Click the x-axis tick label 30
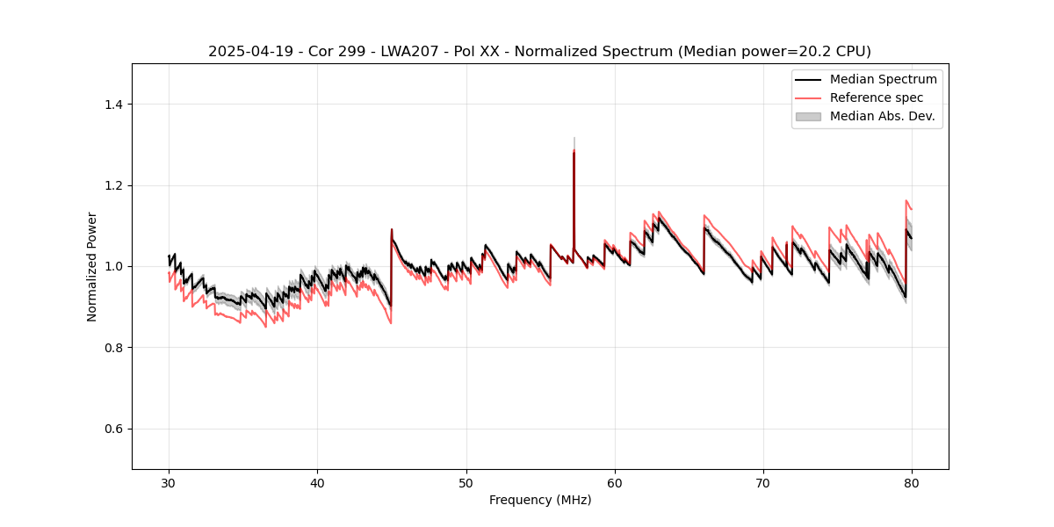click(169, 482)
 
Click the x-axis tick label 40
click(317, 482)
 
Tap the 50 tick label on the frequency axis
click(466, 482)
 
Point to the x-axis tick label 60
click(615, 482)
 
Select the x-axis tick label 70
click(763, 482)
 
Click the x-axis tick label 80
click(912, 482)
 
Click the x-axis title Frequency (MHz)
click(540, 500)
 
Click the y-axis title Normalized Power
click(92, 266)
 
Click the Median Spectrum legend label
click(883, 79)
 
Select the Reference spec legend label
click(876, 97)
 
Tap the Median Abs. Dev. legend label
click(882, 116)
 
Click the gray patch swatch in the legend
click(807, 116)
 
